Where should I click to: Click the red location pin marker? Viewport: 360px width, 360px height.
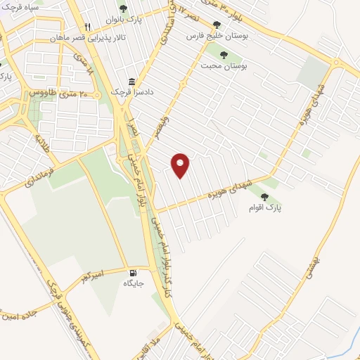pos(181,165)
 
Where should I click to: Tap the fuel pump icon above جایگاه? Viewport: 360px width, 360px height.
pos(132,272)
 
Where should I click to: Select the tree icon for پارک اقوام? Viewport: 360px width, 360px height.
pos(264,198)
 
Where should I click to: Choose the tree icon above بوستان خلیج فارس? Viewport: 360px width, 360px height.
pos(216,23)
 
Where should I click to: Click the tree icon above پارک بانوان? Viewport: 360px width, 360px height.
pos(124,9)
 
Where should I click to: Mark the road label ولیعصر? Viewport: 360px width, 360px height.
pos(163,124)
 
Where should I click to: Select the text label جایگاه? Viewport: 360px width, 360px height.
pos(133,283)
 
